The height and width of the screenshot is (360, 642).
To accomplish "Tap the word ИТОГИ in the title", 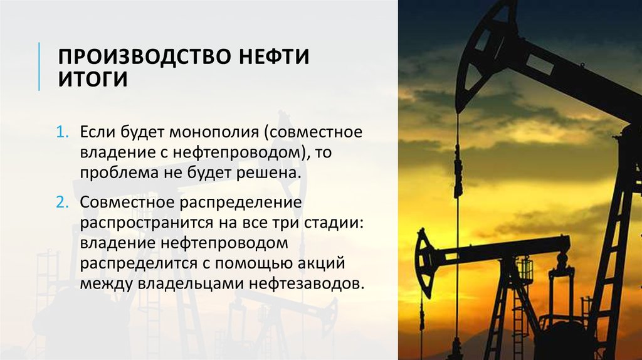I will [x=93, y=80].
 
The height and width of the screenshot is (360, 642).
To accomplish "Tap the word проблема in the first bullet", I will [x=115, y=172].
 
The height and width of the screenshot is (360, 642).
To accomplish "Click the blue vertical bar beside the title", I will [x=39, y=66].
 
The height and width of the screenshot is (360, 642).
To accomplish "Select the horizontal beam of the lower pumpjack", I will [x=495, y=245].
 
